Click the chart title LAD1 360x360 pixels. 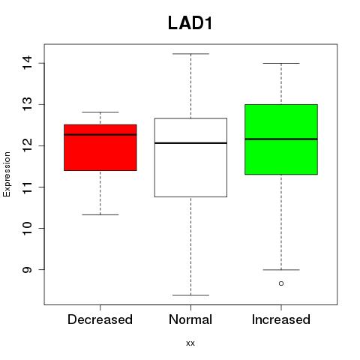[190, 23]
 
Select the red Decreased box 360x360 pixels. [100, 148]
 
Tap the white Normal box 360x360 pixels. [190, 157]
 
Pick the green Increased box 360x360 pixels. [281, 139]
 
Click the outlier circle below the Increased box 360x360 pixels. [281, 283]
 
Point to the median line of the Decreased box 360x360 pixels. [100, 134]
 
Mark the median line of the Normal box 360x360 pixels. [190, 143]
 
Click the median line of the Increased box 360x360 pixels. [281, 139]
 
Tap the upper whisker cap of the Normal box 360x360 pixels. [190, 54]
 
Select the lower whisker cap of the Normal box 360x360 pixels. [190, 295]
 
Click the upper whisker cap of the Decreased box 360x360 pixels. [100, 112]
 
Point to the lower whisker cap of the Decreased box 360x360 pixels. [100, 214]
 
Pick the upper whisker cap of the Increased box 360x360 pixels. [281, 63]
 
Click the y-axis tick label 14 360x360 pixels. [27, 63]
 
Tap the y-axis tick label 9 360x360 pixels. [27, 269]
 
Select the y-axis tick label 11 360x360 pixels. [27, 187]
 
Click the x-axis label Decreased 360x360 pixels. [100, 319]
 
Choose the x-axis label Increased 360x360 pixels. [281, 319]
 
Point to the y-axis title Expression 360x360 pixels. [7, 174]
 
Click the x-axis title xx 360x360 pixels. [190, 343]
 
